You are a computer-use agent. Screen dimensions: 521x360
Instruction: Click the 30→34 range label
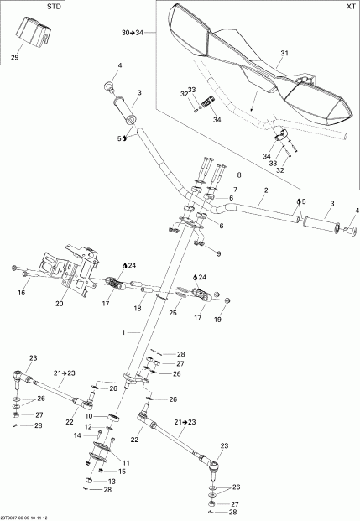(x=133, y=33)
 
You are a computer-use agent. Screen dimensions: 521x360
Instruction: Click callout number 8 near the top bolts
(x=237, y=175)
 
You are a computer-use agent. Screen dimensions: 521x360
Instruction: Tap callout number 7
(x=237, y=190)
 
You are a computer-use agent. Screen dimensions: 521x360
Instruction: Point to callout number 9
(x=217, y=253)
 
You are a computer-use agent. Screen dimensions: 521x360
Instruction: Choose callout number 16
(x=22, y=294)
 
